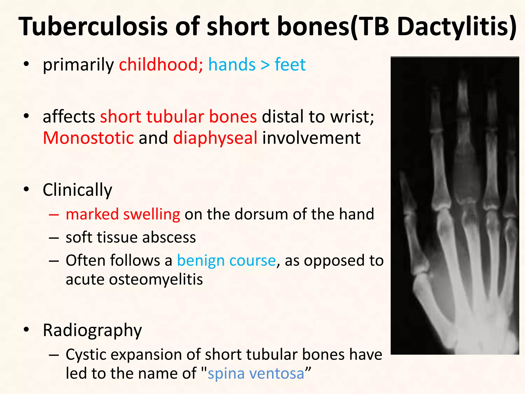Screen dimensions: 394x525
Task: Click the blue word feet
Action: coord(290,64)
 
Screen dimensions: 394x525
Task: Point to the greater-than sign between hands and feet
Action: coord(265,65)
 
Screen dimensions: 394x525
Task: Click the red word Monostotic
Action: coord(88,138)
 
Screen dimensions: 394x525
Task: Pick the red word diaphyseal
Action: coord(215,138)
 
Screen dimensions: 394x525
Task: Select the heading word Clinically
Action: coord(77,190)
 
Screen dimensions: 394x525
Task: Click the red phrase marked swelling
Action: coord(123,214)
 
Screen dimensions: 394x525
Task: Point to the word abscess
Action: coord(169,237)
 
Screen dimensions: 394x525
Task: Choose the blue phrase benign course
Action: coord(226,260)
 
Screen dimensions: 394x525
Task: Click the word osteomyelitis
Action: coord(156,279)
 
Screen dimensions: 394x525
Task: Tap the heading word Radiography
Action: coord(92,330)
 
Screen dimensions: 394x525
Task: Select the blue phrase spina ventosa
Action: coord(256,373)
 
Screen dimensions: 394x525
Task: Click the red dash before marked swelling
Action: coord(54,214)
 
